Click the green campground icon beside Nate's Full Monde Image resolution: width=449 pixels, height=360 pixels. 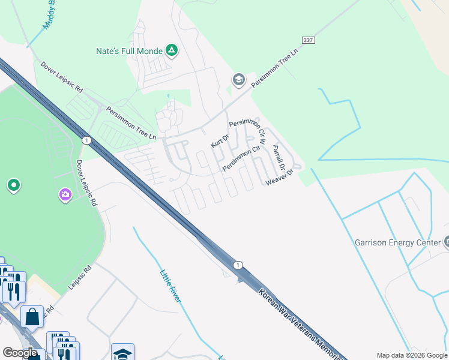[x=172, y=51]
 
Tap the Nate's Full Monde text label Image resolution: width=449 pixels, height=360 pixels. [x=129, y=52]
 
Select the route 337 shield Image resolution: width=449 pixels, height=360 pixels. [x=309, y=40]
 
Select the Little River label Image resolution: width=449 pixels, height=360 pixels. [x=170, y=286]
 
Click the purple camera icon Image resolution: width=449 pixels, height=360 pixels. [x=65, y=194]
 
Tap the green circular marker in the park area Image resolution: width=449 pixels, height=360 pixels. [x=13, y=185]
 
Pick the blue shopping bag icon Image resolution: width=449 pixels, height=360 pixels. [x=32, y=316]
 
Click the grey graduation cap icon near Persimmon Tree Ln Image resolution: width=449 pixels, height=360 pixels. [x=238, y=80]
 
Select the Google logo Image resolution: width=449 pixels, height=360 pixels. [x=20, y=353]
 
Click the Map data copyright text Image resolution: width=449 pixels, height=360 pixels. [x=411, y=355]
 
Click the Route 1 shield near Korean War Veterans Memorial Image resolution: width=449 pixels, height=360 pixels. [x=238, y=265]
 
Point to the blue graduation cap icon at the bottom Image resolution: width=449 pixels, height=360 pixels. [x=122, y=353]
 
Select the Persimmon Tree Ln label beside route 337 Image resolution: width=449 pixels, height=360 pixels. [x=275, y=70]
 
